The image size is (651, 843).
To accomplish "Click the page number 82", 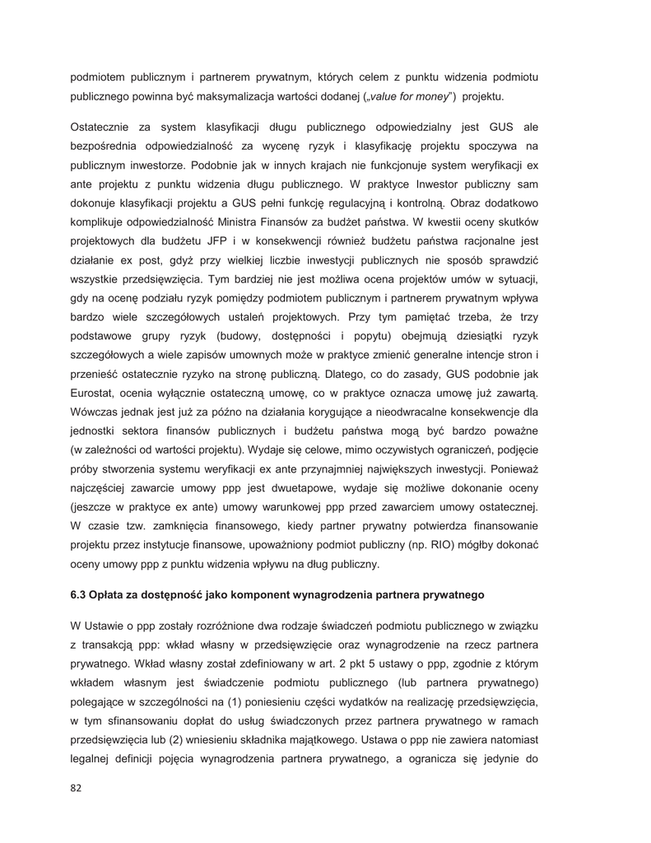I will point(77,789).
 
